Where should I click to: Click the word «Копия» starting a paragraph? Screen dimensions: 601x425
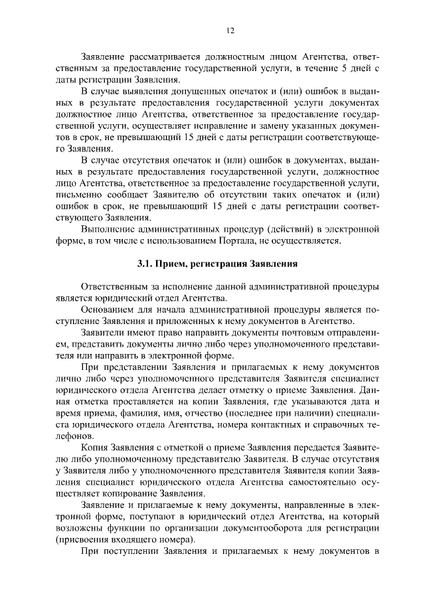pyautogui.click(x=94, y=444)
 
